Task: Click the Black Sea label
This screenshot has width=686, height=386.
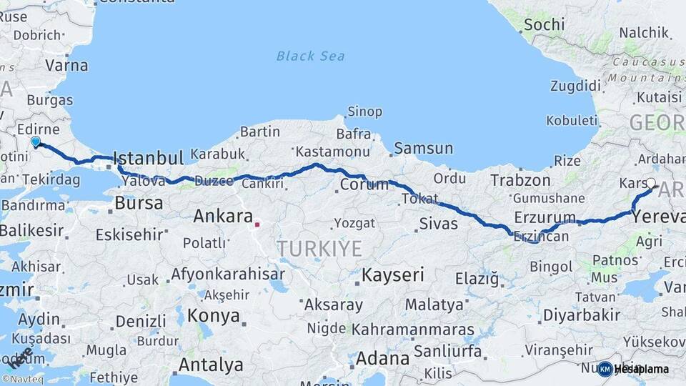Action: pyautogui.click(x=310, y=56)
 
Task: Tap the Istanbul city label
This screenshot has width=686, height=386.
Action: pyautogui.click(x=149, y=158)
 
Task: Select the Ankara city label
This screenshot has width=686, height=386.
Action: pyautogui.click(x=223, y=216)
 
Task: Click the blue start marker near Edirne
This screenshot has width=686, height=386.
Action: pyautogui.click(x=36, y=142)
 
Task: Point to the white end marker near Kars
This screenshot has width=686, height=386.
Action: pyautogui.click(x=651, y=183)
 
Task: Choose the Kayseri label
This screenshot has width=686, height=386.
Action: pyautogui.click(x=393, y=274)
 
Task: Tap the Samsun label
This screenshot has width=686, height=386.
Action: pyautogui.click(x=423, y=149)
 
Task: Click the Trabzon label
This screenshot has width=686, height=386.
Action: pyautogui.click(x=520, y=181)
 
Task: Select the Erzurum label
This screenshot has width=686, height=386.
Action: pyautogui.click(x=545, y=217)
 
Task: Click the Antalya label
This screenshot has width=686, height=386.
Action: pyautogui.click(x=211, y=365)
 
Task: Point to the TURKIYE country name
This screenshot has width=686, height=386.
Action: pyautogui.click(x=319, y=248)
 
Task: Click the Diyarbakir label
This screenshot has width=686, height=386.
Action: pyautogui.click(x=581, y=315)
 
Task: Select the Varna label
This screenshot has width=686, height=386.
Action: pyautogui.click(x=66, y=65)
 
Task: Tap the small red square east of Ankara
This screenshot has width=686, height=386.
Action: pyautogui.click(x=257, y=224)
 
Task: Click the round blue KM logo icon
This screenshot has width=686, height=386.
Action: pyautogui.click(x=605, y=369)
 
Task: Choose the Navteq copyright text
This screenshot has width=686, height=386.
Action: pyautogui.click(x=22, y=380)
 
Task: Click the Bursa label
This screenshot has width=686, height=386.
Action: pyautogui.click(x=139, y=203)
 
